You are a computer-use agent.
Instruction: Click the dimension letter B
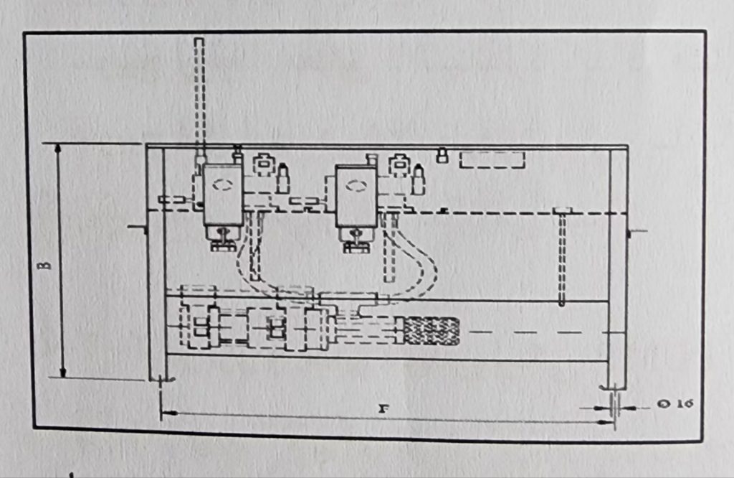[45, 265]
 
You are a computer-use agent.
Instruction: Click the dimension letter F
[383, 408]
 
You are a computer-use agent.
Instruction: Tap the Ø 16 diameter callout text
[675, 403]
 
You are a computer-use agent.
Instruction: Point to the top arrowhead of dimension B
[58, 149]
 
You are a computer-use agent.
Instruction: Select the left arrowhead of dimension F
[168, 413]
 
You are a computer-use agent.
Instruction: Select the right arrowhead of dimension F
[606, 422]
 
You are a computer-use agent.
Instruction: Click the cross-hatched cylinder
[431, 331]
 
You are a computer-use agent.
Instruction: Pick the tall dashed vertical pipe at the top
[199, 96]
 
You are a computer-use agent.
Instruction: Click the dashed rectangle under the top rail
[492, 160]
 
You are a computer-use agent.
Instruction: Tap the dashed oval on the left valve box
[222, 184]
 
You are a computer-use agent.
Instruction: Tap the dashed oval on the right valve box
[356, 186]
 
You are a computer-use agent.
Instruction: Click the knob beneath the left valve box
[222, 239]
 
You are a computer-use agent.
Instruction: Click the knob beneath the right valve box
[357, 240]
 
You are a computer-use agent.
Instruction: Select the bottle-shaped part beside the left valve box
[282, 178]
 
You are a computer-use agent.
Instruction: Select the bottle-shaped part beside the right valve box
[418, 179]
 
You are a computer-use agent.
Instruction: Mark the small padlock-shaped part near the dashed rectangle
[442, 156]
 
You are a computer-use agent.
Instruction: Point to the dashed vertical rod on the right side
[562, 257]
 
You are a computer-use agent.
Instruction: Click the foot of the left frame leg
[161, 379]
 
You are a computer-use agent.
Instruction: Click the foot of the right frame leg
[614, 387]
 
